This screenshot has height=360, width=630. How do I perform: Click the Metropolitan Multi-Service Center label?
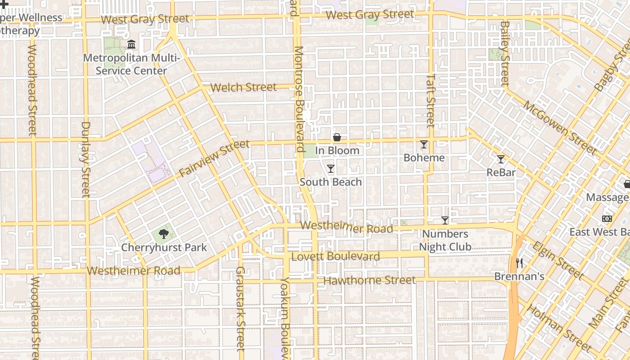coord(131,64)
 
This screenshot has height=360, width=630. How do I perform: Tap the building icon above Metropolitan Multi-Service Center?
coord(131,45)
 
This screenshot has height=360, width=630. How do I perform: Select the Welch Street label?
coord(243,87)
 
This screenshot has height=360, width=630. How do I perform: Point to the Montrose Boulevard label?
coord(299,99)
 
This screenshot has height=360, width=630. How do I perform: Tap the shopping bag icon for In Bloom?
coord(337,137)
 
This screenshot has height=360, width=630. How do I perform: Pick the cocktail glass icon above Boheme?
coord(423,144)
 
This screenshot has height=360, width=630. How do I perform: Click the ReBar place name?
coord(501,172)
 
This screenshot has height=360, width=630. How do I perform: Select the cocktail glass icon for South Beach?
coord(331,169)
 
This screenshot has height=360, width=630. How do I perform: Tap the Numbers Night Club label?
coord(445,240)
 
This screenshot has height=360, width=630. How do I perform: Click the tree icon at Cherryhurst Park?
coord(164,234)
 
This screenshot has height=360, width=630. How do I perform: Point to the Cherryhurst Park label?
coord(164,247)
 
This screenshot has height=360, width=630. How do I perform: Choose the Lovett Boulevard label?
coord(336,256)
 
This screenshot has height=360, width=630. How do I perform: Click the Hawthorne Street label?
coord(369,280)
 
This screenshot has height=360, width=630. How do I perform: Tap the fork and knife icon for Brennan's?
coord(519,263)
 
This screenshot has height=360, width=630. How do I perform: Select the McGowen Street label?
coord(559,127)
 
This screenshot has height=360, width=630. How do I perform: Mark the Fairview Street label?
coord(214,158)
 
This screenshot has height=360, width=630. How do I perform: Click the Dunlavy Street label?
coord(85,159)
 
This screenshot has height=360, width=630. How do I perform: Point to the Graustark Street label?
coord(240,309)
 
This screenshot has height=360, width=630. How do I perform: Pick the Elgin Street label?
coord(557,260)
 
